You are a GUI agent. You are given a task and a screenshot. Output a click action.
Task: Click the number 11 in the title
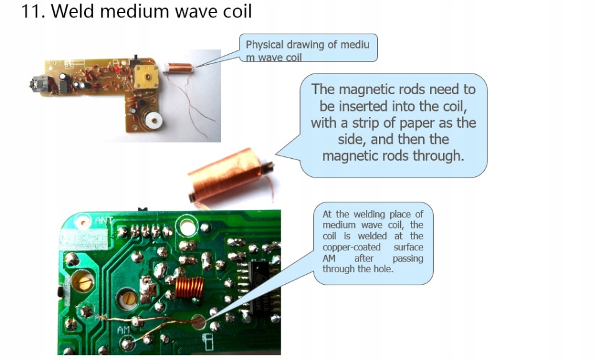coord(31,11)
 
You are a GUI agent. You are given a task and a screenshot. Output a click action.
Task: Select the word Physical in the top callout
coord(264,45)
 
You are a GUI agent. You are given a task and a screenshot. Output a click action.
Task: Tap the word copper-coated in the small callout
coord(351,247)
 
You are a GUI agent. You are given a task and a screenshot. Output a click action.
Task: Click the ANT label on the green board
coord(102,220)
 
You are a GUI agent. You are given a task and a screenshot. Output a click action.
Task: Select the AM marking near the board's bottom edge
coord(124,329)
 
